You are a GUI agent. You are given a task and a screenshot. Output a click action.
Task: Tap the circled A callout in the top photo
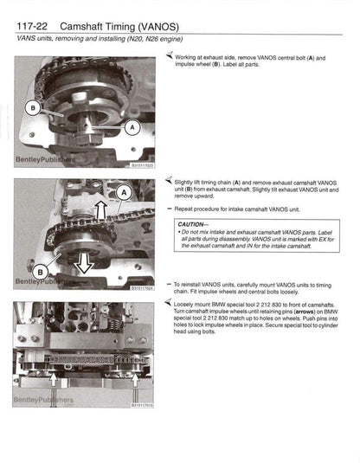tap(132, 126)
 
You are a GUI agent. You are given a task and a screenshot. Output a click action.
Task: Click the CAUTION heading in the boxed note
tap(196, 224)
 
